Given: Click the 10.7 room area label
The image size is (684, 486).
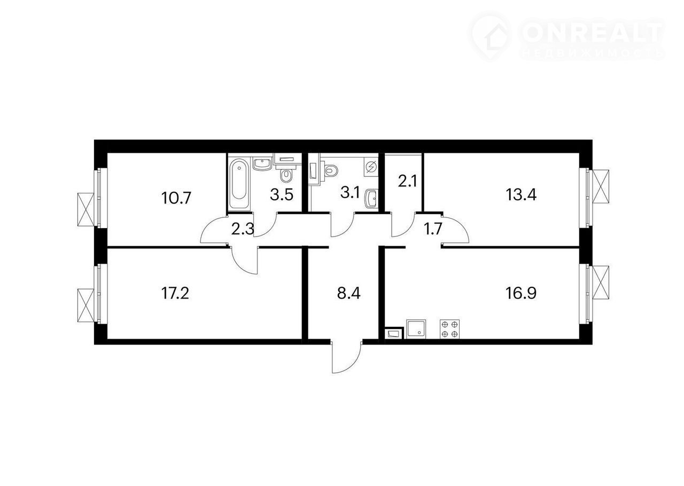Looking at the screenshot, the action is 176,198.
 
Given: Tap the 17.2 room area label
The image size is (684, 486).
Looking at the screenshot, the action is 175,293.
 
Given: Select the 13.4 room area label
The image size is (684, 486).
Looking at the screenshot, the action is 521,194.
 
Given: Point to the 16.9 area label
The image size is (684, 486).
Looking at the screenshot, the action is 521,293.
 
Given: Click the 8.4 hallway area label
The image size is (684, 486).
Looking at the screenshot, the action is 349,293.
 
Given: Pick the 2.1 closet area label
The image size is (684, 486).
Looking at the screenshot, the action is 407,182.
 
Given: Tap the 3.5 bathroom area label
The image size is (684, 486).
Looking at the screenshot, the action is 282,194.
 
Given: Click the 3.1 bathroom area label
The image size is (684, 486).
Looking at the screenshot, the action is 350,193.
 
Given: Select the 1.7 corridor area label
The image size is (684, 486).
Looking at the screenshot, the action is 433,229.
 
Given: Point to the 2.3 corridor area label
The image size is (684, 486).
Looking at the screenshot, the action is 243,229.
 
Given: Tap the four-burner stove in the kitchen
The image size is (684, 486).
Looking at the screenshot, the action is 449,329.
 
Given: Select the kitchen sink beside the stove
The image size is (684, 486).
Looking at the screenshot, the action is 416,329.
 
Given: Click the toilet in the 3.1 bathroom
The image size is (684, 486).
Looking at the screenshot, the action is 330,170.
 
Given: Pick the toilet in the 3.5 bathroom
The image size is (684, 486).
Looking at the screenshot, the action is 286,175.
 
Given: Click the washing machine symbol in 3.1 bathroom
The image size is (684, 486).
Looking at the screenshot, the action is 371,167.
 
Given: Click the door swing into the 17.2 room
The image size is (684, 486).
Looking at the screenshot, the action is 245,260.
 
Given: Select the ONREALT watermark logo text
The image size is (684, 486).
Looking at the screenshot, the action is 593,32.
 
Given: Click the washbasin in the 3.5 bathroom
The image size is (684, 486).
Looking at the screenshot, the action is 262,164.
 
